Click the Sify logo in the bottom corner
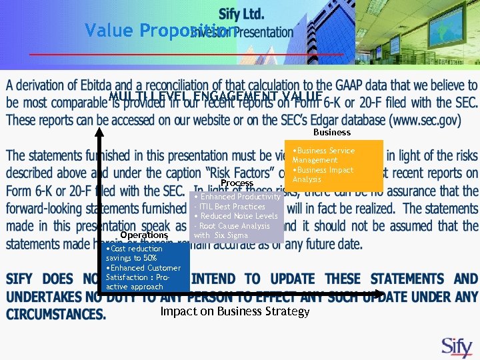(x=457, y=347)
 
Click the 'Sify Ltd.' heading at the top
(x=241, y=14)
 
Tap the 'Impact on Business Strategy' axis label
(x=235, y=312)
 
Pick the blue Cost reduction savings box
(x=145, y=267)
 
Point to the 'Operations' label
(x=144, y=235)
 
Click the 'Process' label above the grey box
(x=237, y=183)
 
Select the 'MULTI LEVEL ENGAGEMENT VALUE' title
(x=215, y=98)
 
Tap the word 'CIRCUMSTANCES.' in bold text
(x=56, y=314)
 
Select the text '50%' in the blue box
(x=149, y=258)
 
